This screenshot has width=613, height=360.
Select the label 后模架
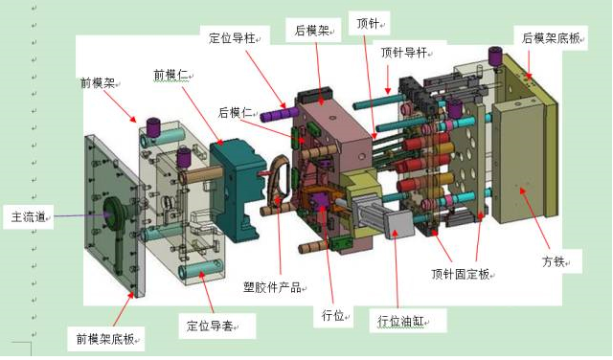tap(312, 31)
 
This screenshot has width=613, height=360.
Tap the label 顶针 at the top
tap(367, 23)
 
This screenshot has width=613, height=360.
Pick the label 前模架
tap(98, 83)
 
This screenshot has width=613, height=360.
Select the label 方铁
tap(553, 259)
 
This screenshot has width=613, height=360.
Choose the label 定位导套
tap(216, 326)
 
